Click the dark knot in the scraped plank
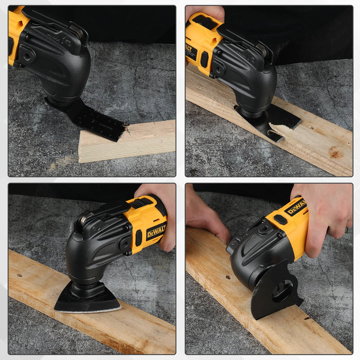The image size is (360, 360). (x=335, y=153)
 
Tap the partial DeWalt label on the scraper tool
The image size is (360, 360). (x=191, y=52)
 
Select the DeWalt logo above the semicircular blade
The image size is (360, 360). (x=296, y=207)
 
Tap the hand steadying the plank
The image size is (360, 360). (x=206, y=216)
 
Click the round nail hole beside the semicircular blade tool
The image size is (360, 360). (x=227, y=277)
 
